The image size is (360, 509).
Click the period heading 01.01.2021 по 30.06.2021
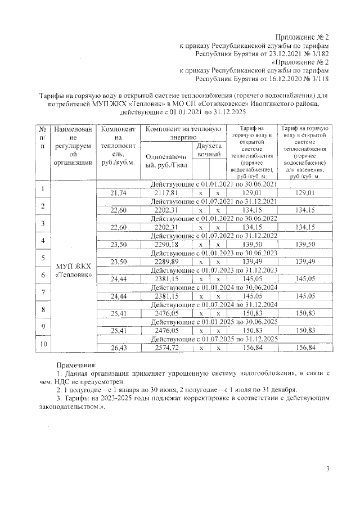tap(213, 184)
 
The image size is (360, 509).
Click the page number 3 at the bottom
tap(327, 470)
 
